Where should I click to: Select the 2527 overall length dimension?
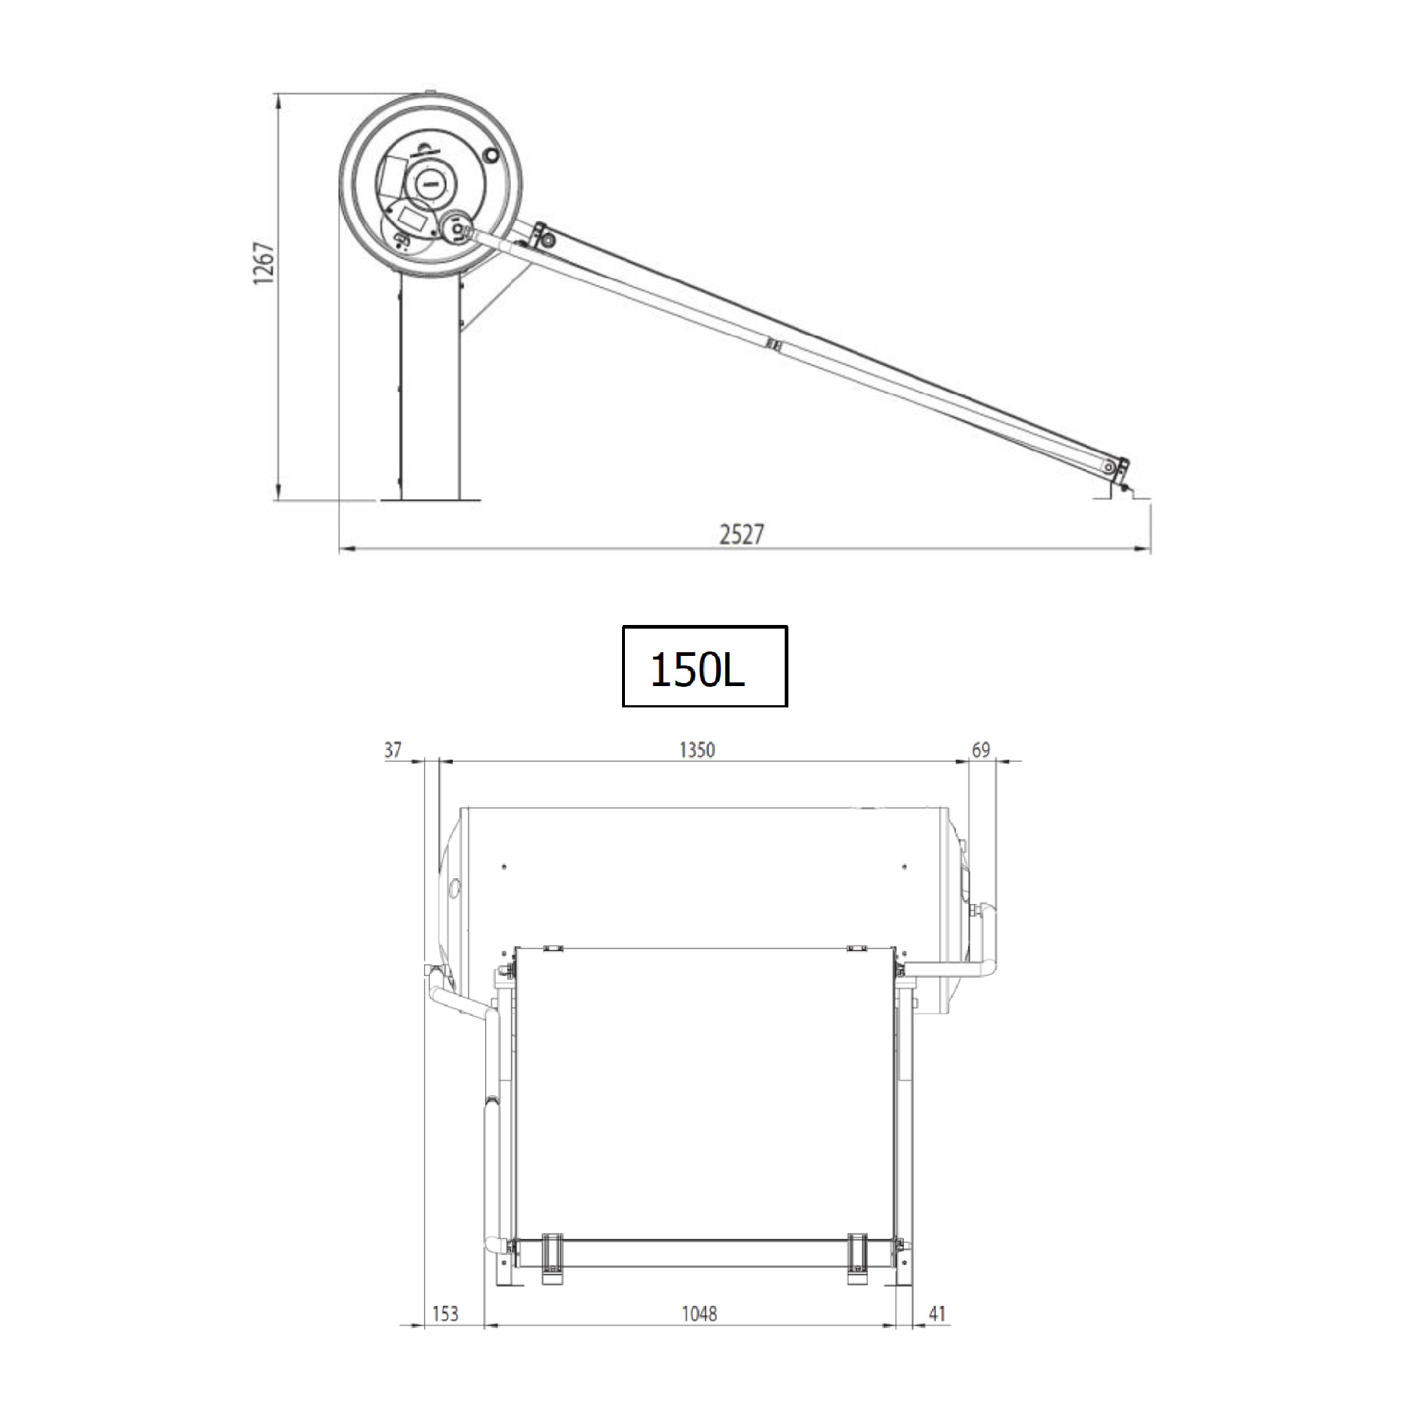[x=741, y=534]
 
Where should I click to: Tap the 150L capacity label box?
[x=704, y=666]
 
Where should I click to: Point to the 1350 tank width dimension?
[x=696, y=750]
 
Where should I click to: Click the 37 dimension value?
[x=393, y=750]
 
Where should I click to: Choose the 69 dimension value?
[x=981, y=750]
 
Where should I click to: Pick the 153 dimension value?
[x=445, y=1314]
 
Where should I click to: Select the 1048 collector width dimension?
[x=699, y=1314]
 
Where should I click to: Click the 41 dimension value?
[x=936, y=1314]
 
